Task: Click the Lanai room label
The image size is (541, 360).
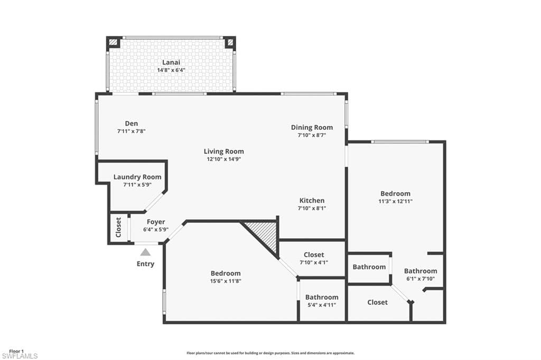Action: pyautogui.click(x=171, y=62)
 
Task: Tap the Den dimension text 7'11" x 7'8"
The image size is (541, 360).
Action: pyautogui.click(x=132, y=131)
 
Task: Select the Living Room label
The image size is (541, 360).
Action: pyautogui.click(x=223, y=151)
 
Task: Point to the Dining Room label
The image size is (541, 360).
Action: pyautogui.click(x=312, y=128)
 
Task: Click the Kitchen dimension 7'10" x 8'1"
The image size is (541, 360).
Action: pyautogui.click(x=312, y=209)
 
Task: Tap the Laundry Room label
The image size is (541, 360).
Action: pyautogui.click(x=137, y=177)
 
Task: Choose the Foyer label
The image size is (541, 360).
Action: pyautogui.click(x=156, y=222)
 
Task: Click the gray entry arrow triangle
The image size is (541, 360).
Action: pyautogui.click(x=146, y=252)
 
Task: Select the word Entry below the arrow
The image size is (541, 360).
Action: pyautogui.click(x=146, y=264)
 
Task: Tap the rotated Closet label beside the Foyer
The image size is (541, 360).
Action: pyautogui.click(x=118, y=227)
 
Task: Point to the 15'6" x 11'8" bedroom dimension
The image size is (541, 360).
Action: pyautogui.click(x=226, y=281)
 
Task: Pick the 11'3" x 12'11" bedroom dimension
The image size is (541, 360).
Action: pyautogui.click(x=395, y=202)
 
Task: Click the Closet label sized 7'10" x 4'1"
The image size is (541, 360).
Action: pyautogui.click(x=314, y=255)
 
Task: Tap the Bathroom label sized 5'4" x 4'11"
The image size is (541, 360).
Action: pyautogui.click(x=322, y=297)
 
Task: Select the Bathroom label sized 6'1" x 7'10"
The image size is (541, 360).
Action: pyautogui.click(x=421, y=271)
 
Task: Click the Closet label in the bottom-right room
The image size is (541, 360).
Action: pyautogui.click(x=377, y=302)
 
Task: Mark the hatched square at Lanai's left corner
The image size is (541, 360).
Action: pyautogui.click(x=113, y=42)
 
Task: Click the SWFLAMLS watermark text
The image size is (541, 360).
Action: pyautogui.click(x=20, y=356)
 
